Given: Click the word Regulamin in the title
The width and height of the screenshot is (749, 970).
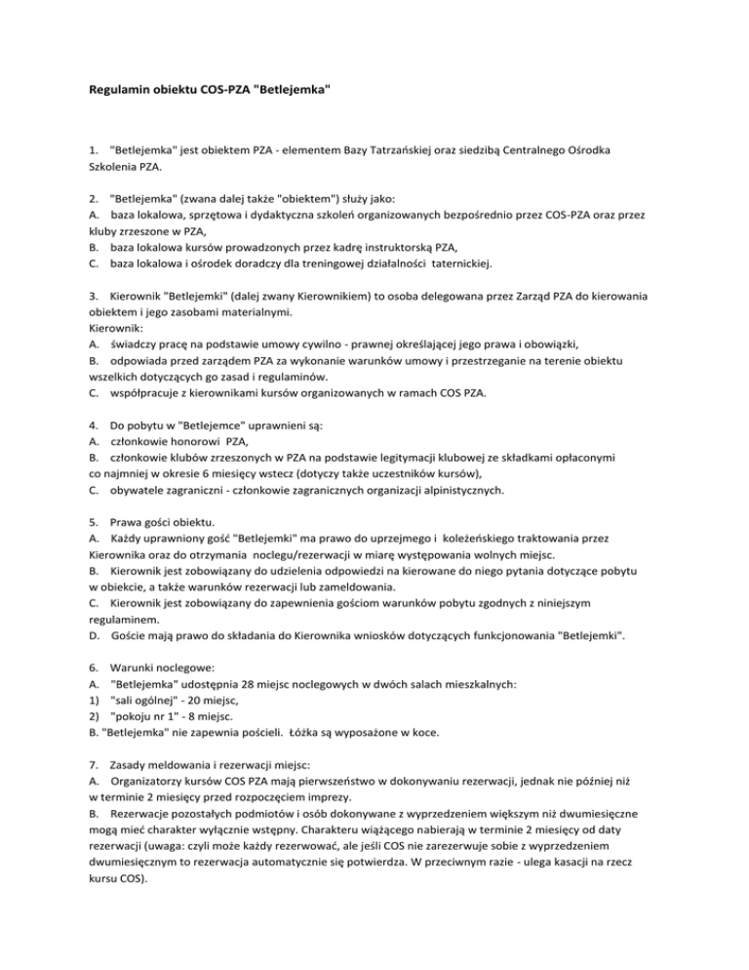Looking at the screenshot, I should click(120, 91).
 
